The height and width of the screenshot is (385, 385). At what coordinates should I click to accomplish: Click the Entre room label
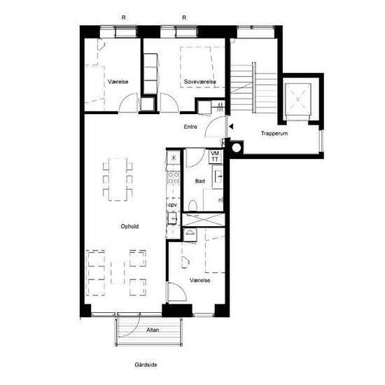coord(190,127)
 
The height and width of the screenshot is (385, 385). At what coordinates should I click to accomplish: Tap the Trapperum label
coord(274,133)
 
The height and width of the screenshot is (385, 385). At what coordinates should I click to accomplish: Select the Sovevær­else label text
coord(200,81)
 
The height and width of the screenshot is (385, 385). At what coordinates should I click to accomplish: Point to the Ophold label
coord(129,226)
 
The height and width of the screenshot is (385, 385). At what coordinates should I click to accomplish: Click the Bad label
coord(200,181)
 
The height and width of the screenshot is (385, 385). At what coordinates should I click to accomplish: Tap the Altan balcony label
coord(153,330)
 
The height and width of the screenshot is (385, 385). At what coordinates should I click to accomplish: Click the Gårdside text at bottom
coord(146,365)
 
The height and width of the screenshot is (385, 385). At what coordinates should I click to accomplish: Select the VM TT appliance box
coord(215,156)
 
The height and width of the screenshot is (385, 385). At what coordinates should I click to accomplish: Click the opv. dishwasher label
coord(173,205)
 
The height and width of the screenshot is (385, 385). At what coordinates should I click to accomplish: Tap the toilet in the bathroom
coord(192,206)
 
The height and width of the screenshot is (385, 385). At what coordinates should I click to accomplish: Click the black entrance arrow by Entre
coord(231,127)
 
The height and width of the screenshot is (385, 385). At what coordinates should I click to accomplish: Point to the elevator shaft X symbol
coord(297,99)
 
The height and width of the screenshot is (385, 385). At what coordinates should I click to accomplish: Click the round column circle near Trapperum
coord(237,148)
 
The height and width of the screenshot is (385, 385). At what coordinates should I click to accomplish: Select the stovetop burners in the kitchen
coord(173,178)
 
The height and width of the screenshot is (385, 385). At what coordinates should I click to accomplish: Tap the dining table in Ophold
coord(118,179)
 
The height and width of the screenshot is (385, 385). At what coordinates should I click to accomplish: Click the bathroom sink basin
coord(218,176)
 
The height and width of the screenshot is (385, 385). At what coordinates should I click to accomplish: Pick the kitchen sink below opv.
coord(172,218)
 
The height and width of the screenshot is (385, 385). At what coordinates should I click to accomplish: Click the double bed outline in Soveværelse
coord(202,66)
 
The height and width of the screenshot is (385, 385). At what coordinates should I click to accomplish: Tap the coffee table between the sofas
coord(118,272)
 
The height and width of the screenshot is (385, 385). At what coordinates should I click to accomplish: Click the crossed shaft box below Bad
coord(204,220)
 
